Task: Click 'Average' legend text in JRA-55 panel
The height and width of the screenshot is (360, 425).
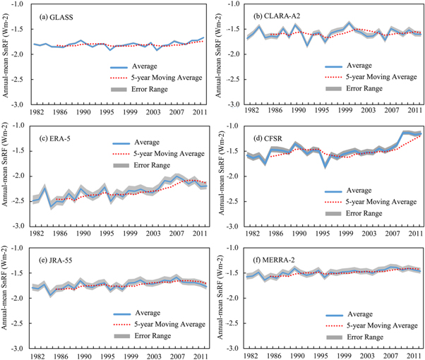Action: pyautogui.click(x=145, y=306)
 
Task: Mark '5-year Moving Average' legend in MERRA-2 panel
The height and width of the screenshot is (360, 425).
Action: pyautogui.click(x=374, y=326)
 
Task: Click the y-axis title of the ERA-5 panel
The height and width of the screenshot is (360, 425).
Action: pyautogui.click(x=7, y=175)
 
